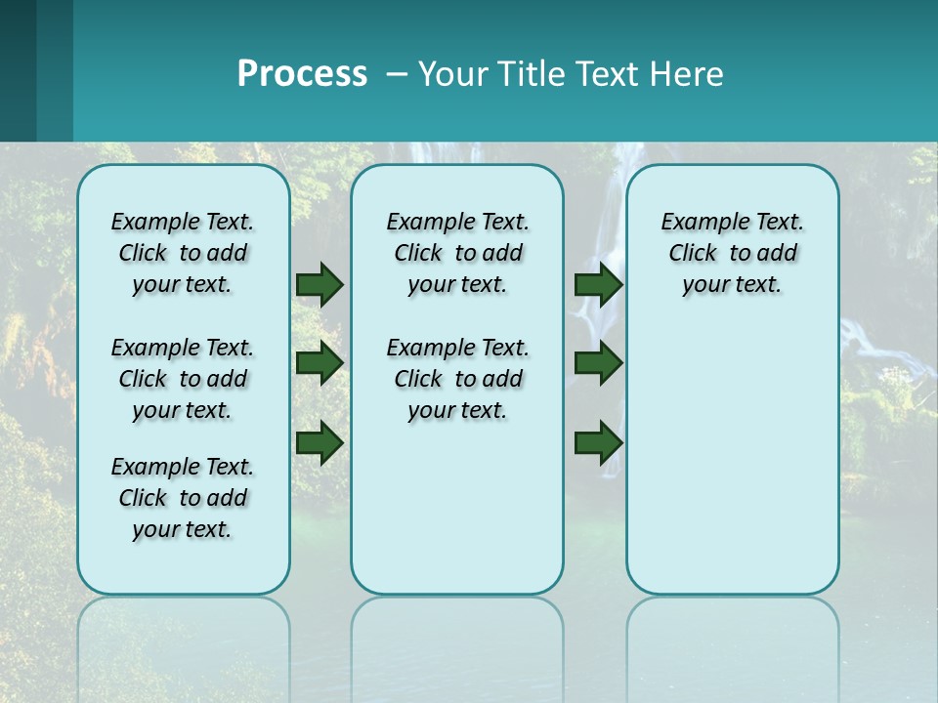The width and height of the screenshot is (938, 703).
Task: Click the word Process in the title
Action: (302, 74)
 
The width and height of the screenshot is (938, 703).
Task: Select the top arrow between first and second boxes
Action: (320, 284)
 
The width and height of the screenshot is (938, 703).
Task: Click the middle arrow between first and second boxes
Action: (320, 363)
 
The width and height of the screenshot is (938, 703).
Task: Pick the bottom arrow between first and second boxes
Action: (320, 442)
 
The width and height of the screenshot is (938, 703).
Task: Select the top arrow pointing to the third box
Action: (598, 284)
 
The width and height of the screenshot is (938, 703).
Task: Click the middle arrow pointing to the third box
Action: (598, 363)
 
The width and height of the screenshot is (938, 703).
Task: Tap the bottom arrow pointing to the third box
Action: (598, 442)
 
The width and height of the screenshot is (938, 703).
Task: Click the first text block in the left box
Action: (183, 253)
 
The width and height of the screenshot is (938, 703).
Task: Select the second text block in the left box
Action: (183, 379)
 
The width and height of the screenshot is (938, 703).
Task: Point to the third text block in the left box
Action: (183, 498)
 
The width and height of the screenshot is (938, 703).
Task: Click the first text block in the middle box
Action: (457, 253)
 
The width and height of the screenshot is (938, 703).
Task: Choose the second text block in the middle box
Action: (457, 379)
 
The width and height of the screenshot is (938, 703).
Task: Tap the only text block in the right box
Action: (732, 253)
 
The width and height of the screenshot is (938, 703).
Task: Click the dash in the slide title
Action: (397, 75)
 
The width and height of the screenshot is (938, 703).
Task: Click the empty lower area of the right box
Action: (732, 469)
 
